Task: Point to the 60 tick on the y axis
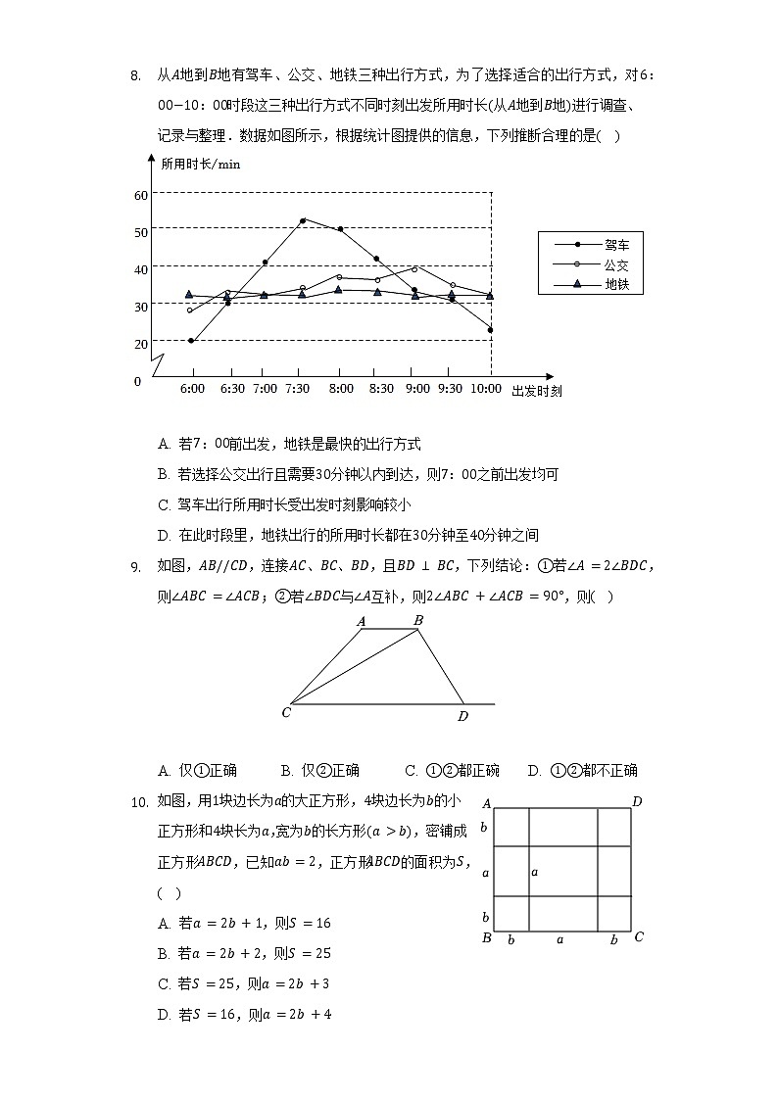pyautogui.click(x=141, y=195)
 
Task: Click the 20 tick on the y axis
pyautogui.click(x=141, y=344)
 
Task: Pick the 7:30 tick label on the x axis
pyautogui.click(x=298, y=389)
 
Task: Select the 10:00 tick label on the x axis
pyautogui.click(x=486, y=389)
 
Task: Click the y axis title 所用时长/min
pyautogui.click(x=200, y=164)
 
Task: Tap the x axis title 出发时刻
pyautogui.click(x=536, y=390)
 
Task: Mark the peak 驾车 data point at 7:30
pyautogui.click(x=302, y=220)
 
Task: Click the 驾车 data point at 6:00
pyautogui.click(x=191, y=341)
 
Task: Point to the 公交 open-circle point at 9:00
pyautogui.click(x=414, y=268)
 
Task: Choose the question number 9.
pyautogui.click(x=135, y=565)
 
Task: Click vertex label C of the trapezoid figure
pyautogui.click(x=286, y=712)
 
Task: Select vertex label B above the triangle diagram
pyautogui.click(x=418, y=620)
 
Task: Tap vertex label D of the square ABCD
pyautogui.click(x=637, y=802)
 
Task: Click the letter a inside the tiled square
pyautogui.click(x=534, y=871)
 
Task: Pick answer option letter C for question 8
pyautogui.click(x=165, y=505)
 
